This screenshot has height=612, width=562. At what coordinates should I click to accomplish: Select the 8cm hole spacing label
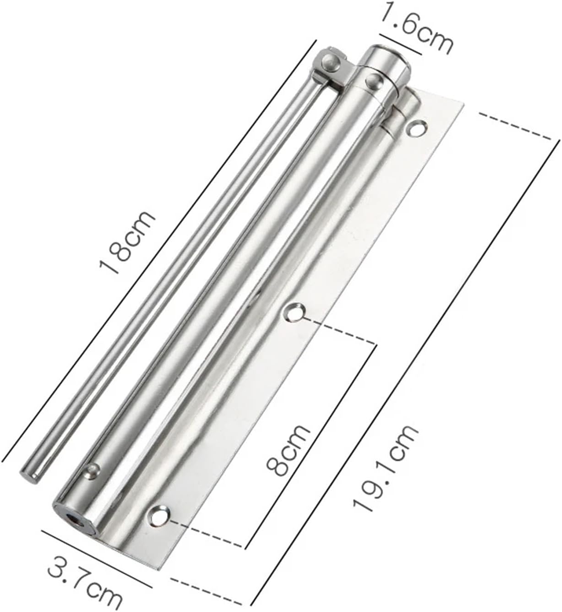288,451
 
